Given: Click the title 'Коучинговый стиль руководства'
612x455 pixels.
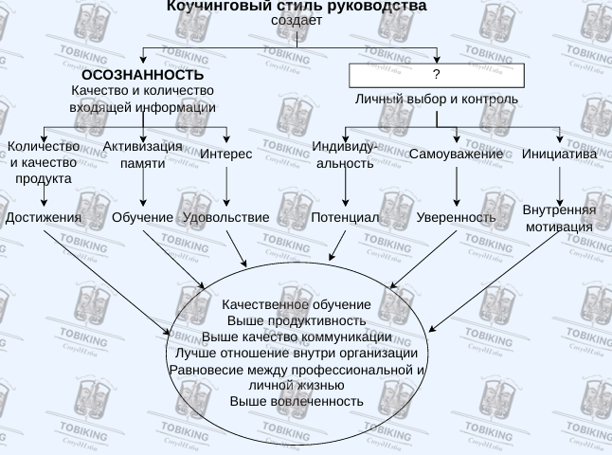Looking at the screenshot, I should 297,7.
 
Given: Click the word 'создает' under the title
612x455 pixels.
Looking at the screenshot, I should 297,20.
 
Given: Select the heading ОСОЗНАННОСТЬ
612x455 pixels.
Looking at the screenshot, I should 142,75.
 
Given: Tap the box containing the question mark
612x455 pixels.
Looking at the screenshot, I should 436,74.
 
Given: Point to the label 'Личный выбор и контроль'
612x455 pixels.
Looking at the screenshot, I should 437,99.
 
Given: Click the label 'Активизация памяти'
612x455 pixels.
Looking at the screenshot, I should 142,155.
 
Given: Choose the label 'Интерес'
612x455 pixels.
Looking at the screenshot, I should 227,154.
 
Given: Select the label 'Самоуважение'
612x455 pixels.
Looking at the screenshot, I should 456,154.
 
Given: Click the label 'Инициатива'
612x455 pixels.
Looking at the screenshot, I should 559,154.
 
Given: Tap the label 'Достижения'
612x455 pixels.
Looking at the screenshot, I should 44,217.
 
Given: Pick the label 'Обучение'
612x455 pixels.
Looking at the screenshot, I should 142,217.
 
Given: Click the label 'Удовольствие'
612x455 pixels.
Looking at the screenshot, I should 225,217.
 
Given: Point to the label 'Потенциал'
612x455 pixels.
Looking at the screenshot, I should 345,217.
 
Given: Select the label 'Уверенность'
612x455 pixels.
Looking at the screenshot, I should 456,217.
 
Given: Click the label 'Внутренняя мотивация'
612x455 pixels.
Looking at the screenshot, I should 559,218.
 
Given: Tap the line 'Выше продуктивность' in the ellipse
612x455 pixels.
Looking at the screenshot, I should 297,320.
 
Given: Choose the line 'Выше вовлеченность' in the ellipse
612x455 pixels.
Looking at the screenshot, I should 297,401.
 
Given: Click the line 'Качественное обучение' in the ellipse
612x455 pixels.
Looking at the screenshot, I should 297,304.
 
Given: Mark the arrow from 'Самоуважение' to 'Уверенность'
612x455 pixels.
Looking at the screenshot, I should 457,186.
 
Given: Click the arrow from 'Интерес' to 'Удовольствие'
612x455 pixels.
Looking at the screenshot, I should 226,186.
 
